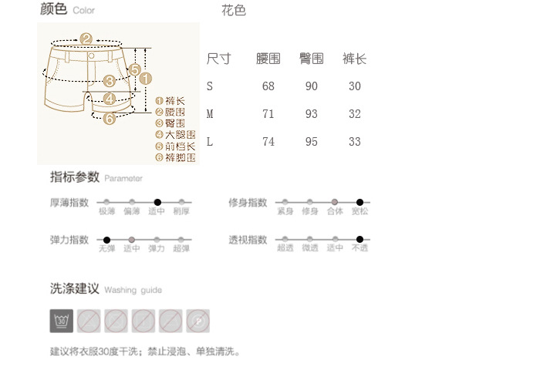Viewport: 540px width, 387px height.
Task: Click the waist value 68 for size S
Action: (268, 86)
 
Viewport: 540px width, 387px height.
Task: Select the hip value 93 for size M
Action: (312, 114)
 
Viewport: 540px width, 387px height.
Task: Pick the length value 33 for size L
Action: (355, 143)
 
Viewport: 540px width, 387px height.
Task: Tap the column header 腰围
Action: (268, 59)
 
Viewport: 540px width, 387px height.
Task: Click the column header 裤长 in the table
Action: (354, 59)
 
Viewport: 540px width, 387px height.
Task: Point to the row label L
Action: (210, 143)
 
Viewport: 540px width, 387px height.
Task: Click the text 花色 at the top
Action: (234, 11)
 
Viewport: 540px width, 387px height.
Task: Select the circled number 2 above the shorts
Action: (86, 39)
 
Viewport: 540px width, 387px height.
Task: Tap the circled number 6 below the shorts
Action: (109, 118)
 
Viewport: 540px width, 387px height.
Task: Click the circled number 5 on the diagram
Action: (134, 69)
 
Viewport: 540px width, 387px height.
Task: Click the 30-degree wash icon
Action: (62, 320)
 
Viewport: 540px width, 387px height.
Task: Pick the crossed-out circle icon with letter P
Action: (198, 320)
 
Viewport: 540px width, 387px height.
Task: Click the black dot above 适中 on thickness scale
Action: (157, 202)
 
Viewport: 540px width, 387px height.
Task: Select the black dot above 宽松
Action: (359, 202)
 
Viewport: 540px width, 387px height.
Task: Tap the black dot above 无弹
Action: (106, 240)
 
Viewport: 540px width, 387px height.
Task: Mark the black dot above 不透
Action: (359, 240)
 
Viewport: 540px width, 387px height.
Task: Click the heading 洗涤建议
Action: (75, 289)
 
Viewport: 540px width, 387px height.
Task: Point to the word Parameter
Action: (123, 178)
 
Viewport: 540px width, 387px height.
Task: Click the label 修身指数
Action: (248, 203)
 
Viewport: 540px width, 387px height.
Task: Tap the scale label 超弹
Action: (182, 248)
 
